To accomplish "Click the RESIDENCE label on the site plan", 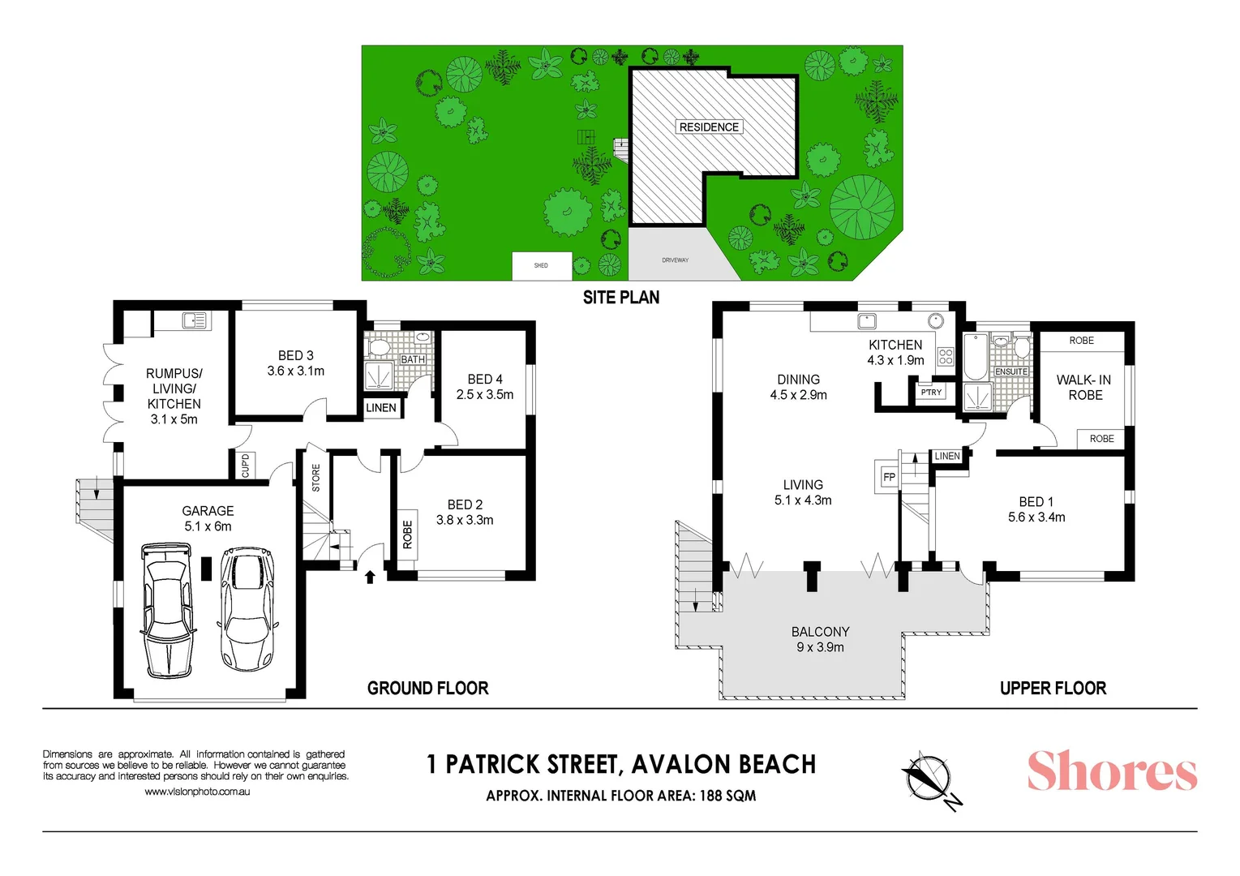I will click(709, 127).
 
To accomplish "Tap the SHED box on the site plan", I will click(541, 265).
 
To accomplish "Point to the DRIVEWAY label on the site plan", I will click(675, 260).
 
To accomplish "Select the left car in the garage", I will click(168, 610).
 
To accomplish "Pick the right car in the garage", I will click(247, 608).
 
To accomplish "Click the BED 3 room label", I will click(295, 363).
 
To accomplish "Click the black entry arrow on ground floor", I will click(370, 577).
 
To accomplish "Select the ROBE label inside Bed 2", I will click(407, 534).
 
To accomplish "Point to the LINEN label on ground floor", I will click(381, 408).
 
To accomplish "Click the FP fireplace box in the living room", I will click(889, 477).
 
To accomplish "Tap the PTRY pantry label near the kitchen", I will click(931, 393).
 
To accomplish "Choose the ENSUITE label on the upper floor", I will click(1011, 371).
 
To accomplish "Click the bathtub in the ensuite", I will click(975, 356).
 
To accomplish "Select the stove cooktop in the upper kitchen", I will click(946, 356).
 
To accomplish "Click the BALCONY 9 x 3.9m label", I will click(820, 639).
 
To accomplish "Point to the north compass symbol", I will click(930, 778).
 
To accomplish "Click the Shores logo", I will click(1112, 771).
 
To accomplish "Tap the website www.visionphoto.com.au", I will click(197, 792).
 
